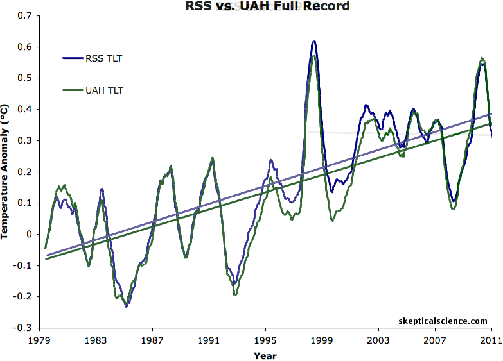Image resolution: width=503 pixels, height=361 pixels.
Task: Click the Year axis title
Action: (x=265, y=355)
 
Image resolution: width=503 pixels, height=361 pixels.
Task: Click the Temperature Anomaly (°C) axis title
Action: (x=6, y=172)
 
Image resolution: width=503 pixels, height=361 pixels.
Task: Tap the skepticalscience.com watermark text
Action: (x=443, y=320)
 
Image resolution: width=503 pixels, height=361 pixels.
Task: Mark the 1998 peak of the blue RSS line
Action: (x=314, y=42)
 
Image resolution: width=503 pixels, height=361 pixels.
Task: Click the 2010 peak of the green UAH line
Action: (x=482, y=58)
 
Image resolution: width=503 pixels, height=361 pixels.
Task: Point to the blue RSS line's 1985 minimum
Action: (x=127, y=306)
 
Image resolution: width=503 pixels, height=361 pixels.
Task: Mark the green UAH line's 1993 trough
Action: (x=236, y=295)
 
